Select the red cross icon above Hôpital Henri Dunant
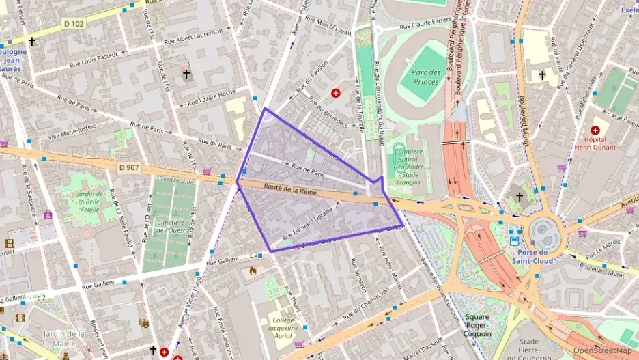tap(595, 130)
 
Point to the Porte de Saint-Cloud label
tap(533, 255)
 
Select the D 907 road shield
tap(128, 167)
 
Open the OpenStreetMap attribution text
tap(601, 350)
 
